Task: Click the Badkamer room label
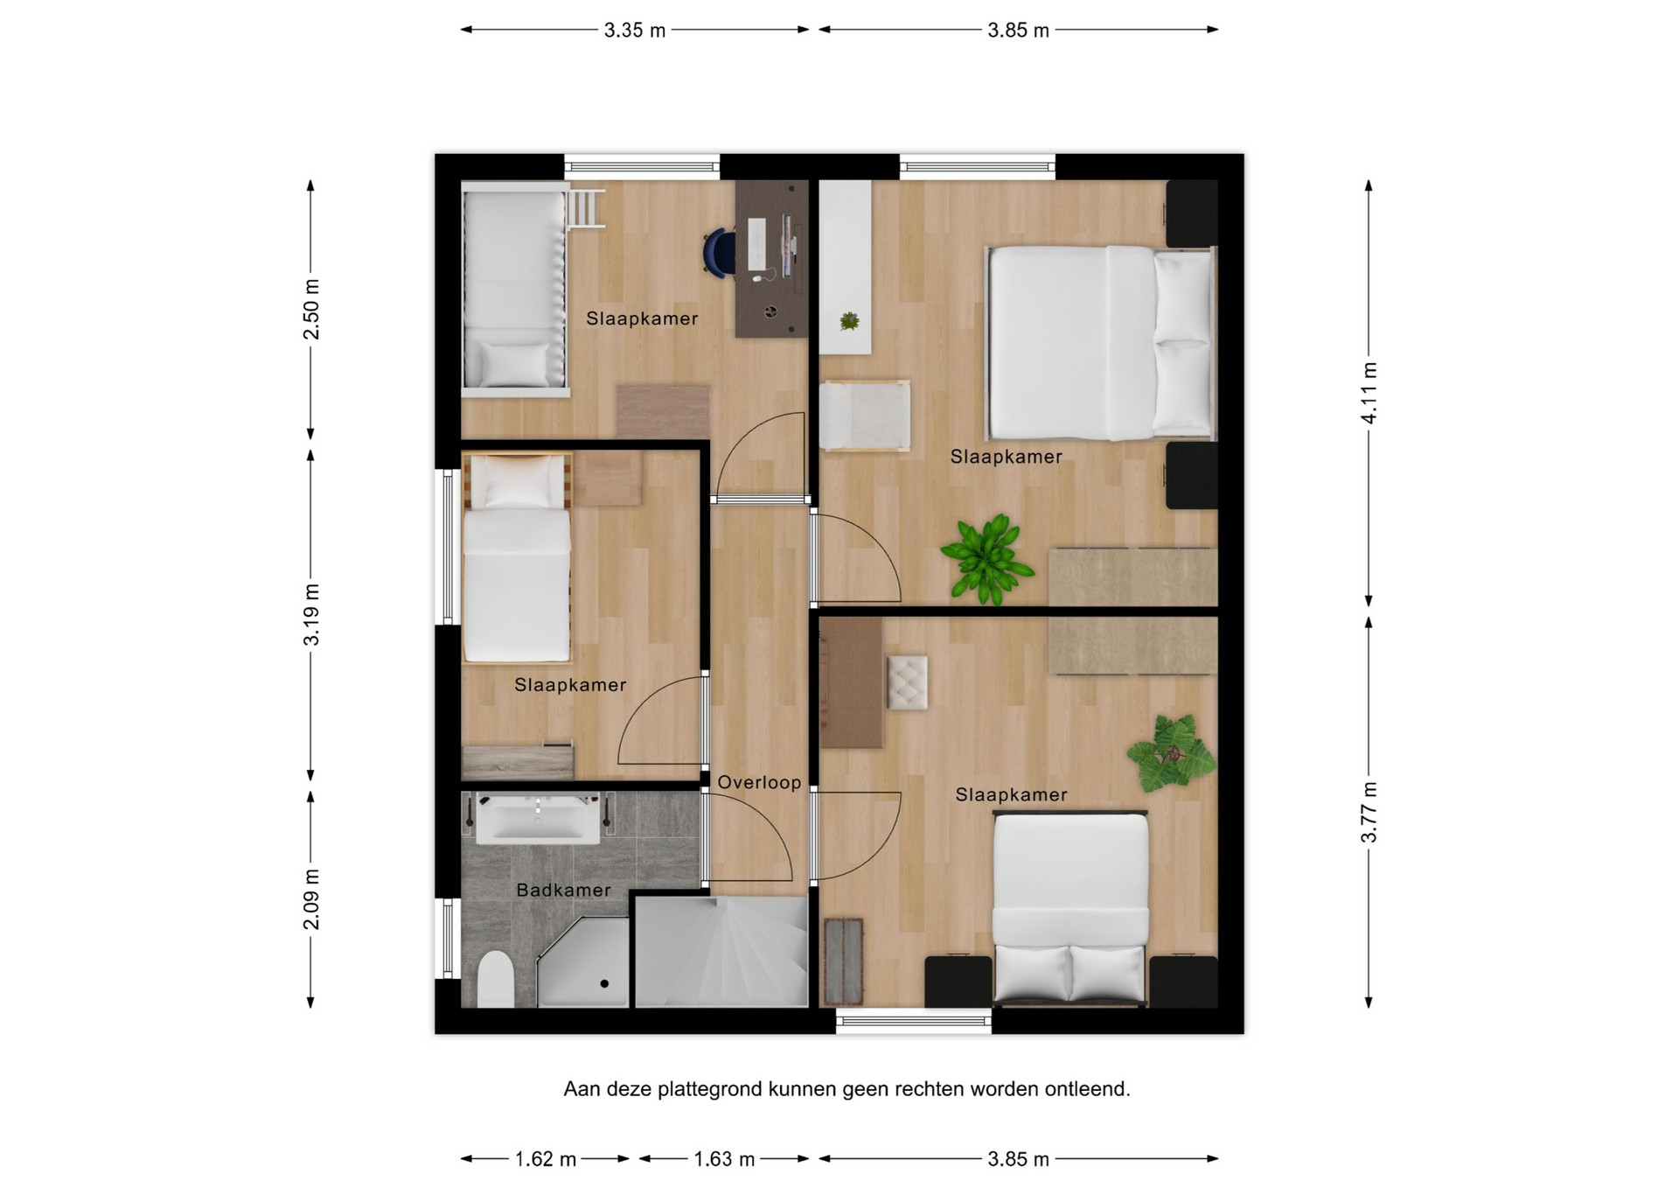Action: (563, 891)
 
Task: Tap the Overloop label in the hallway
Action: (759, 783)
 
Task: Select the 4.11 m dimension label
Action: (1369, 393)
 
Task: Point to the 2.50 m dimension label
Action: (311, 310)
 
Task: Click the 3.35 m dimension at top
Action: (635, 31)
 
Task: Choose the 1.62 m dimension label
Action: (546, 1160)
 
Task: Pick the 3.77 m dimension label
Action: (1369, 813)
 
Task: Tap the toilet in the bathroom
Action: (496, 979)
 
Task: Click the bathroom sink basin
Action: (538, 819)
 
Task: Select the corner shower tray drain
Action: (604, 984)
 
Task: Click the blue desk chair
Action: (720, 253)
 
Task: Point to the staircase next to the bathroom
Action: (721, 952)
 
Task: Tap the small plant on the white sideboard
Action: (848, 321)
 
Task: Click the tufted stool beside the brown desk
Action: (908, 682)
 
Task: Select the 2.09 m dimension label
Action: (311, 900)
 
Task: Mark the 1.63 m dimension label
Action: (724, 1160)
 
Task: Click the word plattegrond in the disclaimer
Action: (710, 1090)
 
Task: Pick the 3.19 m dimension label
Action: (311, 614)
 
